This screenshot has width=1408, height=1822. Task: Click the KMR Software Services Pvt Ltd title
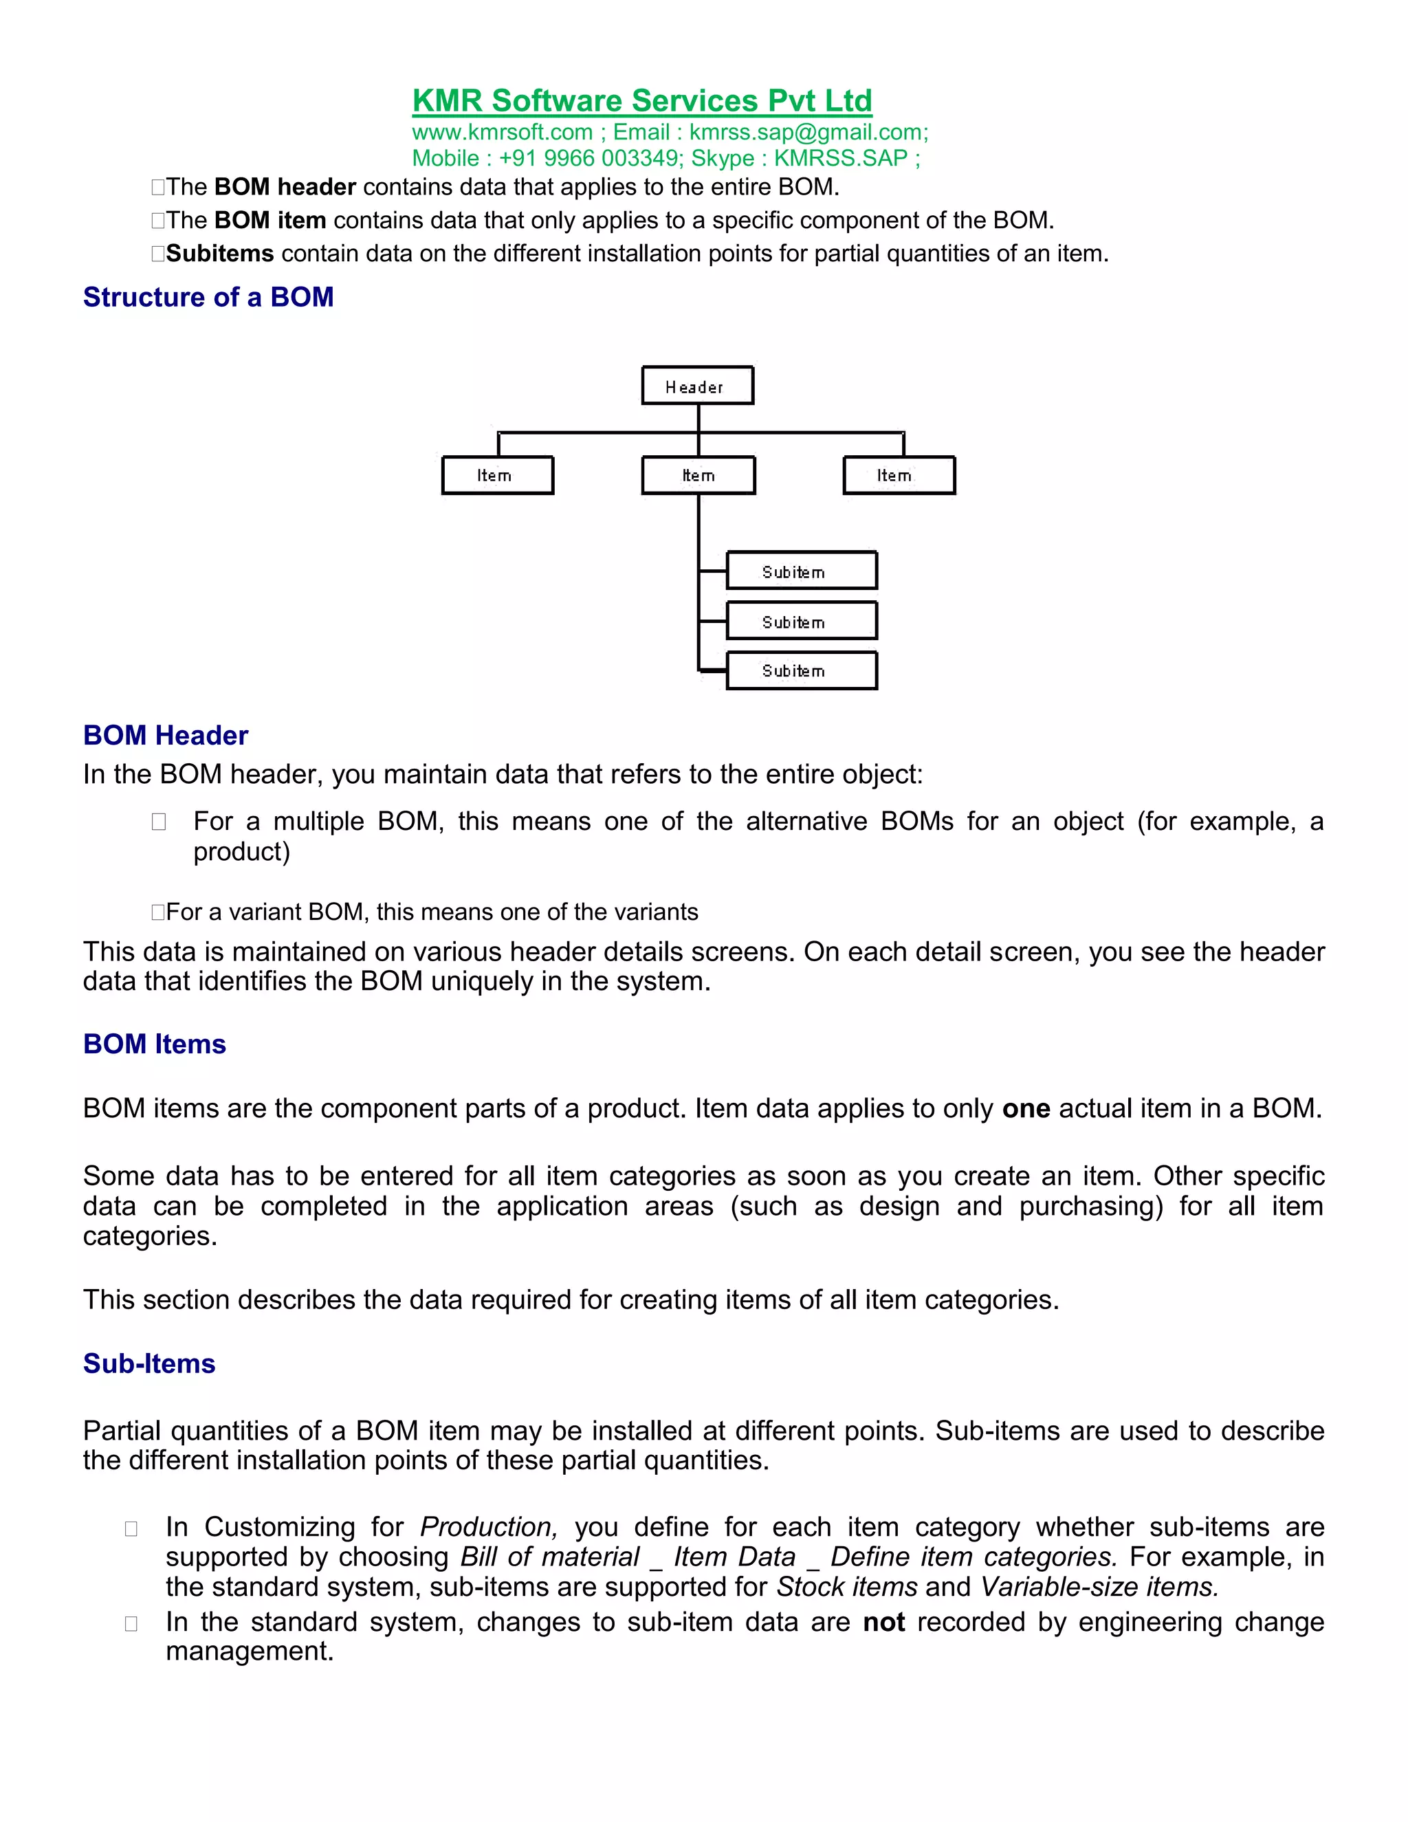point(641,101)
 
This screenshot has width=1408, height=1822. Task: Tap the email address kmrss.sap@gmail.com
point(806,133)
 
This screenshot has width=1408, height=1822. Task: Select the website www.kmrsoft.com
point(502,133)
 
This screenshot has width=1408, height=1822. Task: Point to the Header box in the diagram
point(697,386)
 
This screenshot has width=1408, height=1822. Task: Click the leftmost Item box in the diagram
point(497,476)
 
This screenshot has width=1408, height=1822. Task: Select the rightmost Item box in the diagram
point(899,476)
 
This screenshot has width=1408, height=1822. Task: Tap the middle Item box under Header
point(698,476)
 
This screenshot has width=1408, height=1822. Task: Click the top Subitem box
point(801,571)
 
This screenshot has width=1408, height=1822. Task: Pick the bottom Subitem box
point(801,671)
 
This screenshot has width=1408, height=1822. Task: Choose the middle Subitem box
point(801,622)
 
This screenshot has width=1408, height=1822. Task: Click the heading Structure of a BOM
point(208,298)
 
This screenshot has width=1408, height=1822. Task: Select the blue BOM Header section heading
point(165,736)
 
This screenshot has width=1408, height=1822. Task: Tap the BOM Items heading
point(154,1044)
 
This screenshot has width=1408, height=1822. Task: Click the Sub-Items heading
point(149,1363)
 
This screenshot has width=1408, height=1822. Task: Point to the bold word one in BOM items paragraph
point(1025,1109)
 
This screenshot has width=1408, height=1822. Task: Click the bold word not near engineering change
point(883,1622)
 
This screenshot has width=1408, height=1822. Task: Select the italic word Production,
point(488,1526)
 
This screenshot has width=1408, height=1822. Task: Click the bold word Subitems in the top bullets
point(219,254)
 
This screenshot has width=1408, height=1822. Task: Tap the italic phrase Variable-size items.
point(1099,1587)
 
